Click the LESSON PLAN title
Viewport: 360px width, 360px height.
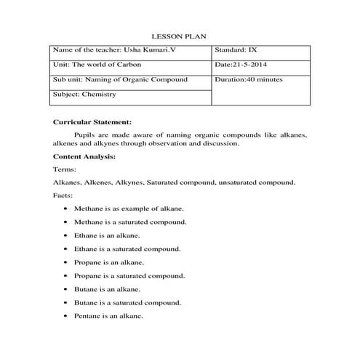point(180,36)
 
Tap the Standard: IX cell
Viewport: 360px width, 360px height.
point(236,50)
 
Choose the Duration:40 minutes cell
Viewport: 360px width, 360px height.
point(249,79)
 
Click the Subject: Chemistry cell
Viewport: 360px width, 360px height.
point(85,94)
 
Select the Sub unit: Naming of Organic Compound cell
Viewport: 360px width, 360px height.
point(120,79)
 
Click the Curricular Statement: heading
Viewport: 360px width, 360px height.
point(92,121)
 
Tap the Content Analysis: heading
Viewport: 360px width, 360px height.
point(84,156)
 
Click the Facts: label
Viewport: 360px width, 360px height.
point(63,196)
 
